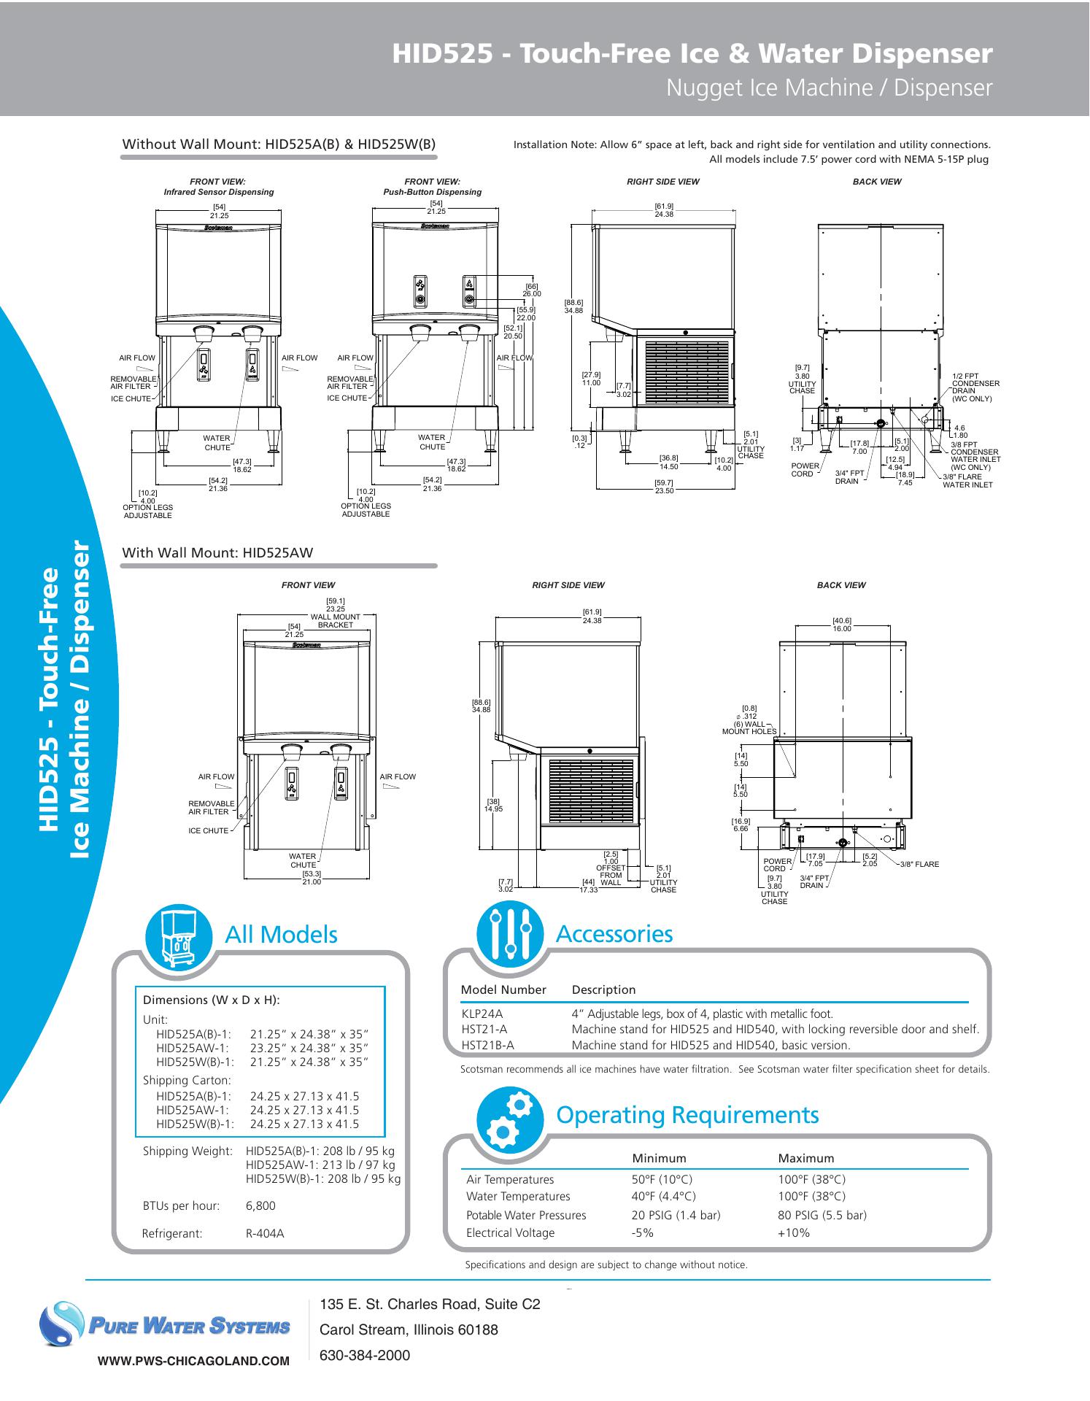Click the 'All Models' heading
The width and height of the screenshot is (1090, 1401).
coord(281,935)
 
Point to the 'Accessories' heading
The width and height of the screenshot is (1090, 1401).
coord(614,934)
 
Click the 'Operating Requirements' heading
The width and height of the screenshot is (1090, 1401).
coord(687,1115)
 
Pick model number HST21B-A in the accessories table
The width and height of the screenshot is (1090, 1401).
coord(487,1045)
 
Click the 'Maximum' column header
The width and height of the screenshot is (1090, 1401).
coord(805,1158)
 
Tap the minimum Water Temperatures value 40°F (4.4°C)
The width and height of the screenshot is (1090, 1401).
coord(662,1197)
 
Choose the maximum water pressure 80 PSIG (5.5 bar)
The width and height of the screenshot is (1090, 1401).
coord(822,1216)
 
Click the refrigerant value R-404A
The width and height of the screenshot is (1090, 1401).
coord(265,1234)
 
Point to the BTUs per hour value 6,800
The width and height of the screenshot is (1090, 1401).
coord(260,1206)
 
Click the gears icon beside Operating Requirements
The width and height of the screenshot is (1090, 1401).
coord(509,1119)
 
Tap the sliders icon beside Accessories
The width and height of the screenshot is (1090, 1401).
coord(509,934)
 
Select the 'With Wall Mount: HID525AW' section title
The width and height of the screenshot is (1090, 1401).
coord(217,552)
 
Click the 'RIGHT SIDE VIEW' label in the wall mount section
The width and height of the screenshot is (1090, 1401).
coord(568,585)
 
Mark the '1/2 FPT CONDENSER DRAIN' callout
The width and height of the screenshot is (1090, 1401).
coord(975,387)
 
